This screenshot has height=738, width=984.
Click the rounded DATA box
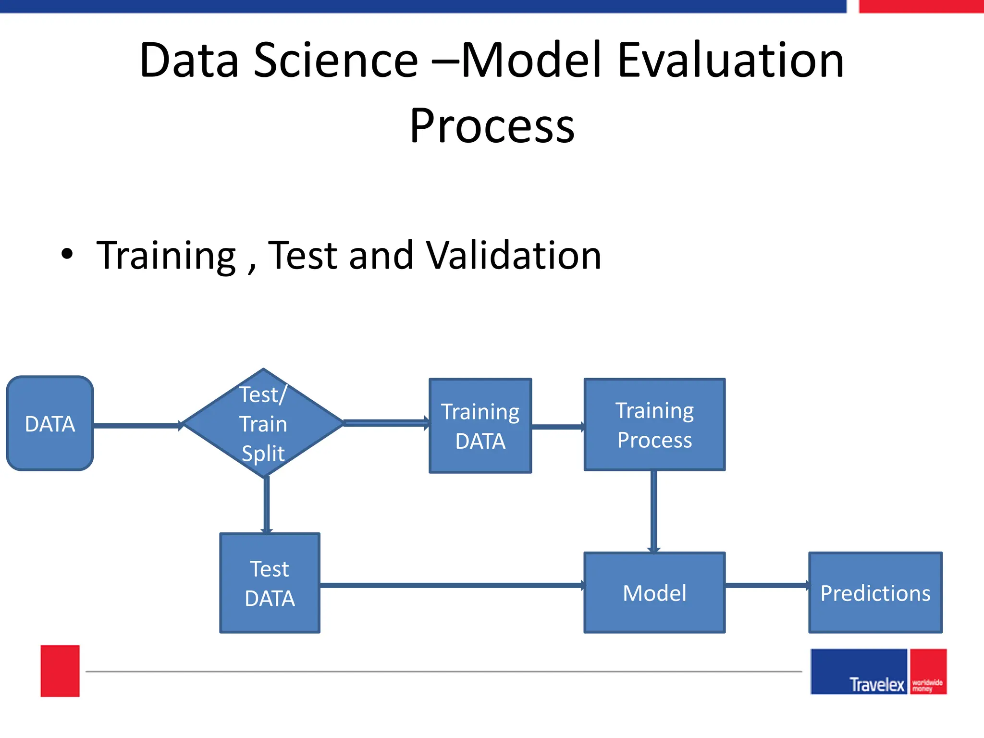point(50,423)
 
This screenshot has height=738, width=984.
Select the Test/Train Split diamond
point(263,423)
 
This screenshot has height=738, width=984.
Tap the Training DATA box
point(480,426)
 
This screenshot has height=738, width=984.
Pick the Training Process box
point(654,425)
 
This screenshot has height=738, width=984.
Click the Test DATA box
point(270,583)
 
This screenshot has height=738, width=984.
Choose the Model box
point(654,592)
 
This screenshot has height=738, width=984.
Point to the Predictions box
point(875,592)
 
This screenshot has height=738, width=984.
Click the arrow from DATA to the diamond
point(137,426)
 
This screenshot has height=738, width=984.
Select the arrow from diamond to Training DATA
point(386,423)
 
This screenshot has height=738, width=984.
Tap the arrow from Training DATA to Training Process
point(557,426)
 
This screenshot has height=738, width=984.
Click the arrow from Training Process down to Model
point(654,511)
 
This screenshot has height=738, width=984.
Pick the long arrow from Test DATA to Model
point(452,585)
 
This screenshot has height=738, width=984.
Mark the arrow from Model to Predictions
point(767,585)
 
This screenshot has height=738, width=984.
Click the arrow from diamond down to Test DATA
point(267,504)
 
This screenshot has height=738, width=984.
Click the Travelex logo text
point(876,684)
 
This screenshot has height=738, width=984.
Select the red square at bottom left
point(60,671)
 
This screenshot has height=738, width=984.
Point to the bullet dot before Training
point(67,254)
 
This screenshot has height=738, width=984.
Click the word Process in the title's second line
point(492,126)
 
